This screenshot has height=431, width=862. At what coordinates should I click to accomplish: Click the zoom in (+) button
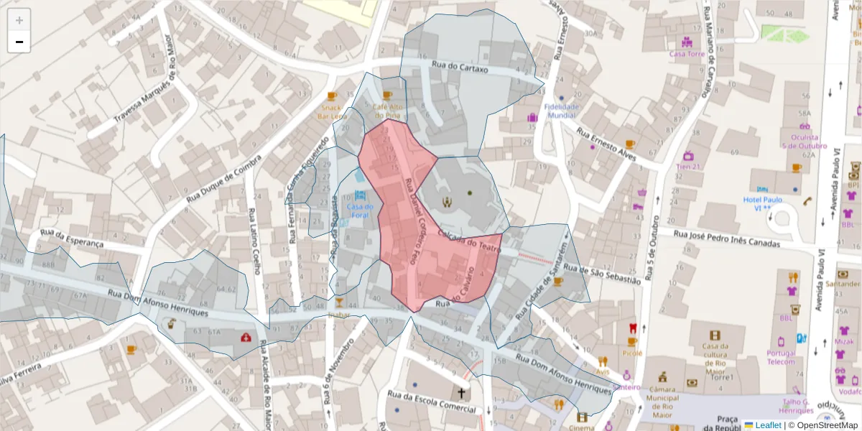coord(19,20)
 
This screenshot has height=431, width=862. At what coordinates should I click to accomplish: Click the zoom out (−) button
coord(19,42)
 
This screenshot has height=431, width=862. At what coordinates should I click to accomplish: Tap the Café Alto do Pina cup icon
coord(388,96)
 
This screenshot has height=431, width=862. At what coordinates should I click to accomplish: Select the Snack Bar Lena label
coord(333,112)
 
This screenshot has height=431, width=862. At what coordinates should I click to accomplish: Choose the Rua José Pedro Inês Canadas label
coord(727,238)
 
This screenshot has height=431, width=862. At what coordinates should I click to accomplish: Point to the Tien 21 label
coord(687,167)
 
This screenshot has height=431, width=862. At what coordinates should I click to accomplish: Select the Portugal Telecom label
coord(781,357)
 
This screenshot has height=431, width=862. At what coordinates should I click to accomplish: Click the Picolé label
coord(632,353)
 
